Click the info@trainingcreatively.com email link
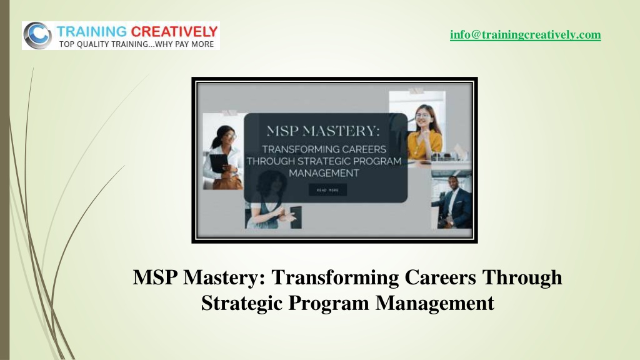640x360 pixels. [525, 35]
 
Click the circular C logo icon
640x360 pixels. [37, 36]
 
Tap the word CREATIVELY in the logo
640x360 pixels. [174, 31]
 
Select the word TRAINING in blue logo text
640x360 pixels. [92, 31]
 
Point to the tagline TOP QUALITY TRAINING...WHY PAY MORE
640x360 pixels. [136, 44]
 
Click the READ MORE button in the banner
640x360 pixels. [327, 190]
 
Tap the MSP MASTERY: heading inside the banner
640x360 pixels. [323, 131]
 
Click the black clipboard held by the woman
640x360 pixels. [218, 163]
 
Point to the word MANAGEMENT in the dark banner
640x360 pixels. [324, 173]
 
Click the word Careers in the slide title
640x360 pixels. [441, 277]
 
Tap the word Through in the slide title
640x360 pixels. [522, 277]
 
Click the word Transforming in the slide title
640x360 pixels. [335, 277]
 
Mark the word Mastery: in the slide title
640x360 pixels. [224, 277]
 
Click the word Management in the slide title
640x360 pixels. [435, 303]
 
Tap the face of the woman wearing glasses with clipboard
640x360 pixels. [229, 136]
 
